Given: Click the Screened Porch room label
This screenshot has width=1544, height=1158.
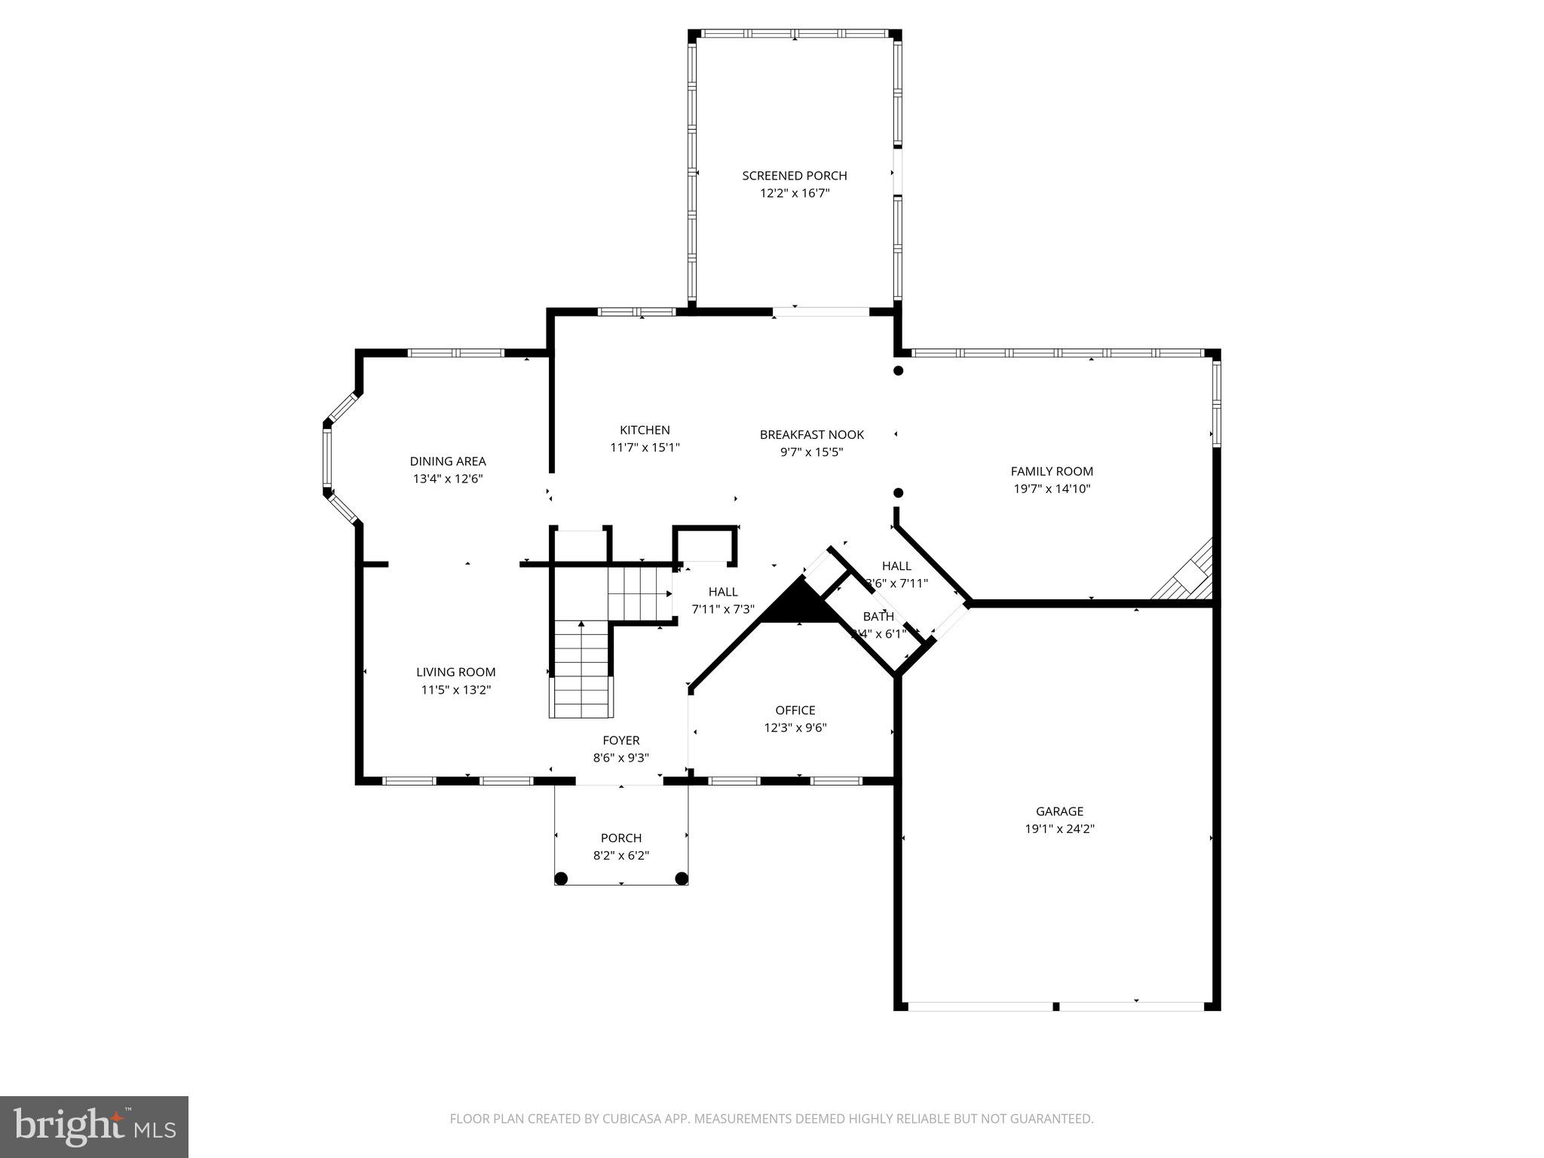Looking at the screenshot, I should point(794,176).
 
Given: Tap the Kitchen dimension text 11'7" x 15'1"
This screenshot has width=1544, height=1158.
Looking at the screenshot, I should point(645,447).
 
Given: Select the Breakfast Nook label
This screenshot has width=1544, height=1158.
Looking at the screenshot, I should point(811,434).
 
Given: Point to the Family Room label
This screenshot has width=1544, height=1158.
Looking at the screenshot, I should point(1051,471).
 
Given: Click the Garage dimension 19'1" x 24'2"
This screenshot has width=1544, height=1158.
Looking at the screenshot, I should point(1058,829).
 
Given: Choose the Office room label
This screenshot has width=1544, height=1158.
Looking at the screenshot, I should point(795,710).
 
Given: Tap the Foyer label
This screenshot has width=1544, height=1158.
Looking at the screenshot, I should point(620,740).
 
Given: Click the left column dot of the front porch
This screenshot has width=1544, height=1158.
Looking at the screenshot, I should point(561,878).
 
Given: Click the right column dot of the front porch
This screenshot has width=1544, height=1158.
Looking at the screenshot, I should point(681,878).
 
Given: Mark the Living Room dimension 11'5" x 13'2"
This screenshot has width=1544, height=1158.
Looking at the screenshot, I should point(455,689).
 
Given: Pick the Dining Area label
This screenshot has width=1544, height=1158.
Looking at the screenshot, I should point(447,461).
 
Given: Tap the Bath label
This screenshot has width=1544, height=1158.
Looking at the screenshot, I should point(878,617).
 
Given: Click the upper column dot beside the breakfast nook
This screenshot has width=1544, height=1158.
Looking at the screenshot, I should point(898,370).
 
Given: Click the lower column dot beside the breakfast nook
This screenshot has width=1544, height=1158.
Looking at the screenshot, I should point(898,493).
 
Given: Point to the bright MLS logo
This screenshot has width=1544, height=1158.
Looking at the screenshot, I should point(94,1126).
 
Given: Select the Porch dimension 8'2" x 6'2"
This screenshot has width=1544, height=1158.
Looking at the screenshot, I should point(620,856).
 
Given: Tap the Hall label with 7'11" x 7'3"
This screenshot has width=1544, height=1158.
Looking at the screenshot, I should point(722,592).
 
